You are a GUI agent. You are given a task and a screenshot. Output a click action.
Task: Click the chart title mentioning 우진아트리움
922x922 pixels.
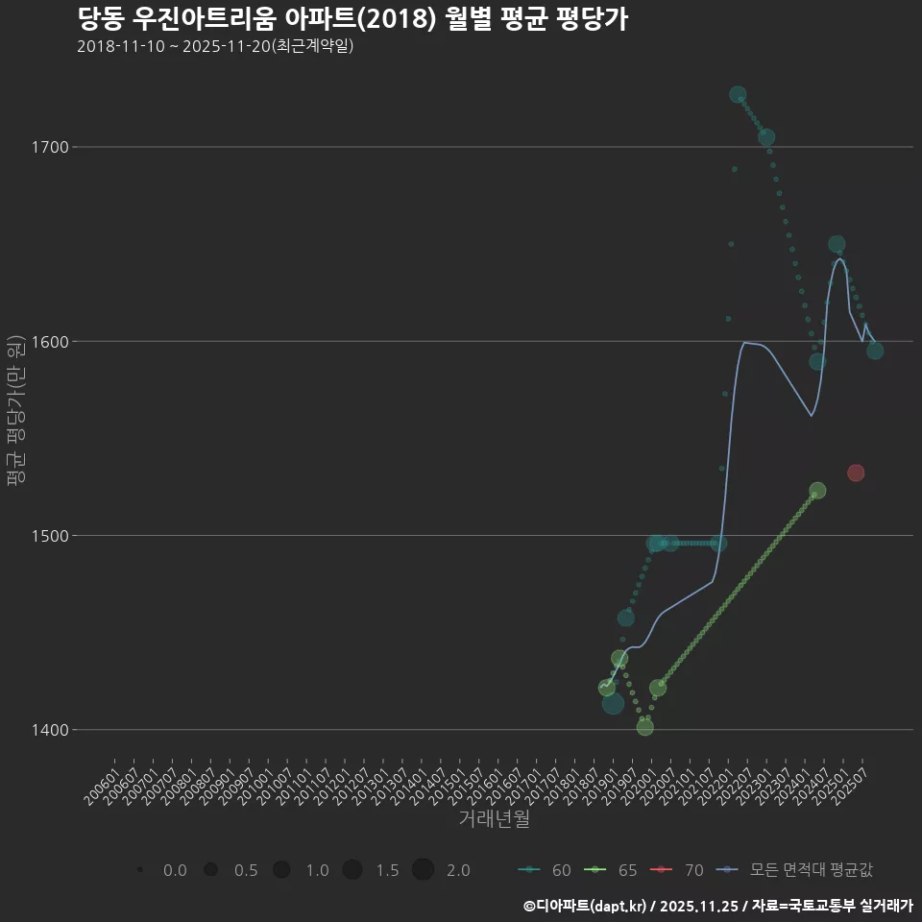tap(352, 19)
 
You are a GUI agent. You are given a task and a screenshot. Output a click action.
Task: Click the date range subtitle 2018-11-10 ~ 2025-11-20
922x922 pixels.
tap(215, 46)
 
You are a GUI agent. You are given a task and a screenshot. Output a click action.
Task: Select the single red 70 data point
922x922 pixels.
tap(856, 473)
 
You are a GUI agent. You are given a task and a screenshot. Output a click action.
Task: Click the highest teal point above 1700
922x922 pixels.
tap(738, 94)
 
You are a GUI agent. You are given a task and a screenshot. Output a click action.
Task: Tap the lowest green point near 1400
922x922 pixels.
tap(644, 727)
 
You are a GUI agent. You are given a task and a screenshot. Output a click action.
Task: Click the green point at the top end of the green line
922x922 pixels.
tap(817, 491)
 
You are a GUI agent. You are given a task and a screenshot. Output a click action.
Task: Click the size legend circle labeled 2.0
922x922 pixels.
tap(424, 870)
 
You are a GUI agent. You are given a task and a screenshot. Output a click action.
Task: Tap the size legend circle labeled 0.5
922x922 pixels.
tap(210, 870)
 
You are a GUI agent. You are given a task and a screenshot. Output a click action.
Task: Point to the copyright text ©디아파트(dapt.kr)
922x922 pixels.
tap(586, 906)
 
